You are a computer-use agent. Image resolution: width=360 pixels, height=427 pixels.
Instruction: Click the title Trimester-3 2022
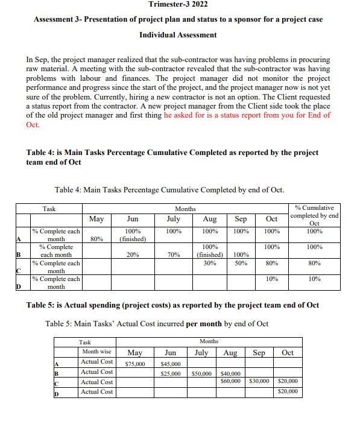click(178, 5)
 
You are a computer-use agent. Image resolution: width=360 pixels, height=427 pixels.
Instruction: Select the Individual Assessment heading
click(178, 35)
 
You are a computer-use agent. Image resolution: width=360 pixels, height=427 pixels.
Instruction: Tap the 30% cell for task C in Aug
click(210, 263)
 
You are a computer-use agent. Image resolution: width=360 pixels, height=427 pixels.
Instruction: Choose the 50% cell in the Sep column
click(241, 263)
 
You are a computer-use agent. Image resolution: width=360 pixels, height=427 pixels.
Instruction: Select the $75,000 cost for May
click(134, 364)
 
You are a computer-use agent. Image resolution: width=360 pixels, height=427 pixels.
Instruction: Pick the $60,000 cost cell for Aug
click(230, 382)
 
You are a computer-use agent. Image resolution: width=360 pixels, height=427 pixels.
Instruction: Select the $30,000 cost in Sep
click(259, 382)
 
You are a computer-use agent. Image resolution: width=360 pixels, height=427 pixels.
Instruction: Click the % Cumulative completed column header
click(314, 215)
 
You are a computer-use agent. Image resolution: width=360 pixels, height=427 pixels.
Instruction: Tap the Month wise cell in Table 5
click(96, 352)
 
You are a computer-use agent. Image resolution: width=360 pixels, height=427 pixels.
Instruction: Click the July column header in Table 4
click(173, 220)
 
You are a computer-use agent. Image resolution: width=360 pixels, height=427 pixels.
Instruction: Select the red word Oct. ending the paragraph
click(33, 125)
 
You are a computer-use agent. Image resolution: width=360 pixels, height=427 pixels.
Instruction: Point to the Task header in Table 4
click(49, 209)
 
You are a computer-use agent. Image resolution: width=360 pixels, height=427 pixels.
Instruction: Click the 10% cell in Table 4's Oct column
click(271, 279)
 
